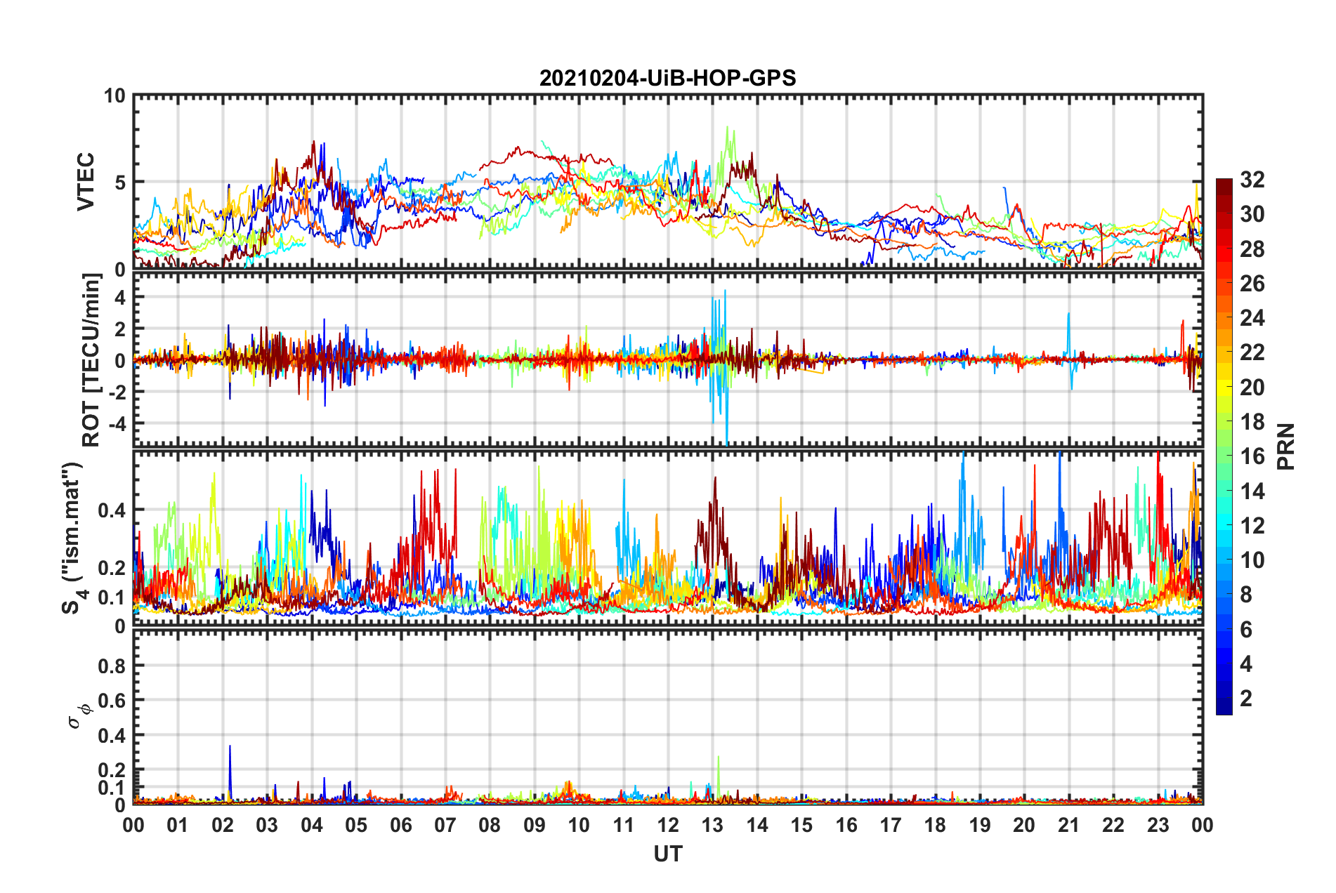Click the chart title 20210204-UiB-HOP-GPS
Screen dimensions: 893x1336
[667, 78]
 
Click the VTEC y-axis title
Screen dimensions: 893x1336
[86, 181]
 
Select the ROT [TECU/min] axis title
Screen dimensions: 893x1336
[91, 360]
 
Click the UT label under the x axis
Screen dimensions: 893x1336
[667, 854]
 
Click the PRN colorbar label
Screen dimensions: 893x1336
[1285, 446]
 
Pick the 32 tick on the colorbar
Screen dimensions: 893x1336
[1252, 180]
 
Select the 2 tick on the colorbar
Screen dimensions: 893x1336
[1246, 698]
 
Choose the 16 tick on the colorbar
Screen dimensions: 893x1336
[1252, 456]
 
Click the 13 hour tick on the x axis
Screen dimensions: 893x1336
[712, 825]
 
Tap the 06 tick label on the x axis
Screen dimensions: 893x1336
[400, 825]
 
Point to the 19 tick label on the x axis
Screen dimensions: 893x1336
[979, 825]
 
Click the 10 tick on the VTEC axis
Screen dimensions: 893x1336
[114, 96]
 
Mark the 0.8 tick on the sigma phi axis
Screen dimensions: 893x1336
[112, 666]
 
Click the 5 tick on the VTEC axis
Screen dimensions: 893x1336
[120, 183]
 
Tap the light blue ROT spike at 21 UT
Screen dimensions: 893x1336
[1068, 316]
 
